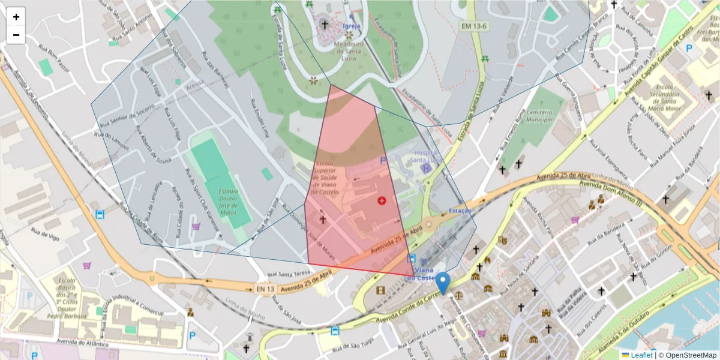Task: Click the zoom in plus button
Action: click(16, 17)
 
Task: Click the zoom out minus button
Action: click(16, 35)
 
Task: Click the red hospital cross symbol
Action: click(382, 200)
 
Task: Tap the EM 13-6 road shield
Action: click(475, 26)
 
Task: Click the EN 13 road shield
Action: click(265, 289)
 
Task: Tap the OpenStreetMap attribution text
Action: click(688, 355)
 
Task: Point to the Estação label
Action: click(460, 211)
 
